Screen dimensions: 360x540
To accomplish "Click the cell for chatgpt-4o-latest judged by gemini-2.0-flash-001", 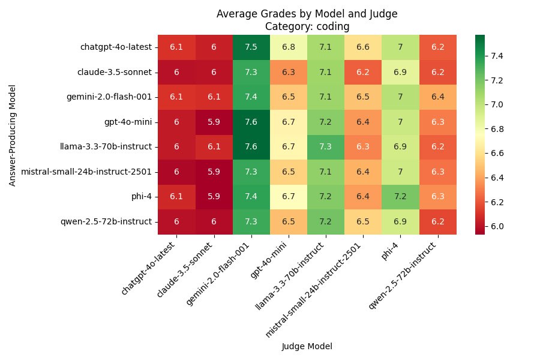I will (251, 47).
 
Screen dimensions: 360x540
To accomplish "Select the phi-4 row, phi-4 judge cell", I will (400, 196).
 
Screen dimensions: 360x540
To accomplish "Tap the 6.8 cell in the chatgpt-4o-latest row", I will (288, 47).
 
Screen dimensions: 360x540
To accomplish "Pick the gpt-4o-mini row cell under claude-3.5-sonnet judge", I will (214, 122).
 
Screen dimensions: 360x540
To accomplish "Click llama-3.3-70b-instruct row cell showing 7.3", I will (326, 146).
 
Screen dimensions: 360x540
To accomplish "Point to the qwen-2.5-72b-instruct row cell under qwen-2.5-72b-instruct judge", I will (437, 221).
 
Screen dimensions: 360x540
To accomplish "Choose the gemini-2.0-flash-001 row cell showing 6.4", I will (437, 97).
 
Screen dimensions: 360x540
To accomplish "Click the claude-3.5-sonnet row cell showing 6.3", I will (288, 72).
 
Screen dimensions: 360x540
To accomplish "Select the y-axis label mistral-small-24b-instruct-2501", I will (86, 172).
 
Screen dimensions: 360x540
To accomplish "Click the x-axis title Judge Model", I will (307, 346).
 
